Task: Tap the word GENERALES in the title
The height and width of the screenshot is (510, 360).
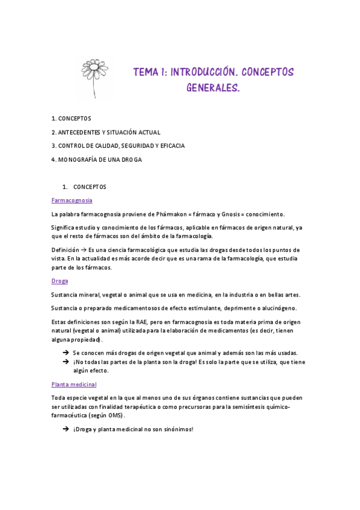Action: (212, 88)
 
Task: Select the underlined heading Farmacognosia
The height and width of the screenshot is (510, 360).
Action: (72, 200)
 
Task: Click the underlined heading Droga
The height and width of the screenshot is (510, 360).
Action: (59, 281)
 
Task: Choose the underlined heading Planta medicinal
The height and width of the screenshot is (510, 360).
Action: (74, 384)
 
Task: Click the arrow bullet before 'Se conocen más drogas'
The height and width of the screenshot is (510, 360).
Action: (66, 352)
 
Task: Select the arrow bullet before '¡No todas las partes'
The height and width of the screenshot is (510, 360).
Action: (66, 362)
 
